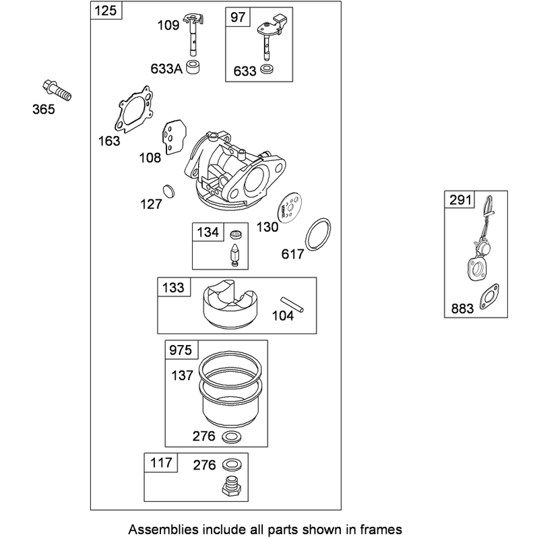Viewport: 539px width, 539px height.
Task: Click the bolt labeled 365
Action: (57, 90)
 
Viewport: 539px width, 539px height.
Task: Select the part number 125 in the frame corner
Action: (106, 10)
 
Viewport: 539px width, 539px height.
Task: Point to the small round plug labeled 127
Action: (168, 191)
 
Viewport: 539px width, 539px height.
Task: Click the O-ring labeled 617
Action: (318, 234)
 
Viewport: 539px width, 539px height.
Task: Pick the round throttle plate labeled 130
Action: (290, 207)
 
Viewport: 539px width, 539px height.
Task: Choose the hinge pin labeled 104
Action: (292, 305)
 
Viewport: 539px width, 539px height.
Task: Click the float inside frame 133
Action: (230, 304)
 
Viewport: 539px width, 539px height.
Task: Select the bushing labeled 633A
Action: (193, 67)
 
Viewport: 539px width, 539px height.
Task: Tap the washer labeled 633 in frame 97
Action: (267, 69)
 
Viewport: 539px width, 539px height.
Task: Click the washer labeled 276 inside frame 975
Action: (232, 437)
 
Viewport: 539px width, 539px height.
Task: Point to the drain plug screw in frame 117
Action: (230, 486)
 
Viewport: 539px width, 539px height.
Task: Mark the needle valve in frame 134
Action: (234, 255)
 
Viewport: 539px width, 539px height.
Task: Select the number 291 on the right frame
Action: (460, 199)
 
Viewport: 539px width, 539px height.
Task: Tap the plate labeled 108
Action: (175, 137)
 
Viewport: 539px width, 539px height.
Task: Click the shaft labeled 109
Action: (193, 34)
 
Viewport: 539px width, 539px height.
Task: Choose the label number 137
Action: (182, 375)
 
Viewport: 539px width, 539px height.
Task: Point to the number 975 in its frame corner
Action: (181, 350)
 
